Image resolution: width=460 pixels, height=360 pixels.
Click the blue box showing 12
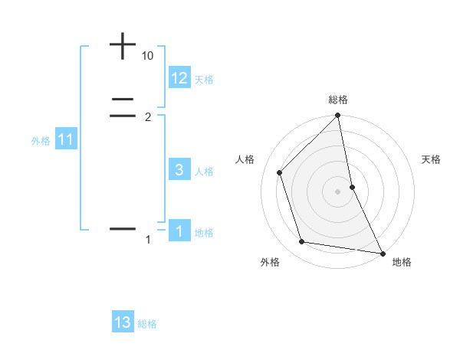[x=179, y=77]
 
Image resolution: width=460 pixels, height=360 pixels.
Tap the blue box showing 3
[x=179, y=170]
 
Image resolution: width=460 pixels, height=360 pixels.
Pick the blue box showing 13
[x=123, y=322]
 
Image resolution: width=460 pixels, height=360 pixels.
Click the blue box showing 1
[x=179, y=231]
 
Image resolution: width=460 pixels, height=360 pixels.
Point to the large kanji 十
[x=123, y=47]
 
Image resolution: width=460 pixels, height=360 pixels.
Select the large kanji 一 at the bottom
[x=123, y=229]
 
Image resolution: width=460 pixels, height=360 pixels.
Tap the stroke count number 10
[x=148, y=56]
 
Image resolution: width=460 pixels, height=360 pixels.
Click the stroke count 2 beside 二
[x=148, y=116]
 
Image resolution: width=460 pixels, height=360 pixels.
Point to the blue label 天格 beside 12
[x=204, y=79]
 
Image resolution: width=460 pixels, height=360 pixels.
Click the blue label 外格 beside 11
[x=41, y=141]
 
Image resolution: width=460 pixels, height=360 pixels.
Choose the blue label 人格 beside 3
[x=204, y=172]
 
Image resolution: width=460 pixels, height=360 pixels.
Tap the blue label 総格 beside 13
[x=147, y=324]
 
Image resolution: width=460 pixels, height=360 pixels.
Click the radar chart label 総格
[x=337, y=100]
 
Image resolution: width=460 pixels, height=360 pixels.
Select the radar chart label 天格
[x=432, y=159]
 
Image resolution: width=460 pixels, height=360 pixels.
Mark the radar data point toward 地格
[x=381, y=252]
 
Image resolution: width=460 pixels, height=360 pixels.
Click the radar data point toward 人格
[x=280, y=172]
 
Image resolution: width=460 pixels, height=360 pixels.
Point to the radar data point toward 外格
[x=302, y=242]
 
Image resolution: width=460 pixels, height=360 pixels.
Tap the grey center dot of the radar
[x=337, y=191]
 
